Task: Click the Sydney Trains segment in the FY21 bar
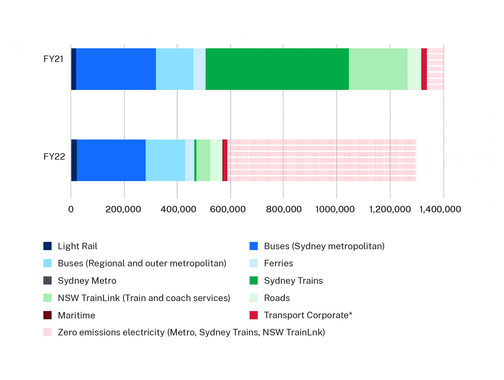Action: [x=277, y=69]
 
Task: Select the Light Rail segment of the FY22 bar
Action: [x=74, y=160]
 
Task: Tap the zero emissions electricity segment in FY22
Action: [x=321, y=160]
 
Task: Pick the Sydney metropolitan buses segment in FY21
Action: [x=116, y=69]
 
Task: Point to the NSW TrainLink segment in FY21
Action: [x=378, y=69]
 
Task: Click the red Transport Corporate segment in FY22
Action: [x=225, y=160]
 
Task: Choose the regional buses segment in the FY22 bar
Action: [x=165, y=160]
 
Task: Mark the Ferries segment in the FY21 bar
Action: [x=199, y=69]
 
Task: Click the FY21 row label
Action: [x=53, y=59]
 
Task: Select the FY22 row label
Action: [x=54, y=156]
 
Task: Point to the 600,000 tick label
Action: [x=228, y=209]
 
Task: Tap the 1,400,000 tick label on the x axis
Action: [x=440, y=209]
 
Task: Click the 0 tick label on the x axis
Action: [x=71, y=209]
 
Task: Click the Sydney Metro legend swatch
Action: [x=48, y=281]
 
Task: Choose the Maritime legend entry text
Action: [x=76, y=315]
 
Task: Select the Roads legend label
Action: [x=277, y=298]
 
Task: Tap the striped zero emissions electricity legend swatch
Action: [x=48, y=332]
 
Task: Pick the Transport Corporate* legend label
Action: [x=308, y=315]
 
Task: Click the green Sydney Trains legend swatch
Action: [x=254, y=281]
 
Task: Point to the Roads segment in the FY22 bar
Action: [x=216, y=160]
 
